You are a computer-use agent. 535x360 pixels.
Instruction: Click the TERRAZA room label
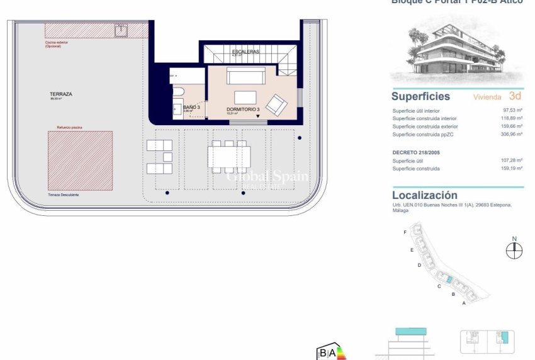click(x=61, y=94)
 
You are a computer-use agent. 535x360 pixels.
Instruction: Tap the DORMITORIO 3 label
click(x=243, y=110)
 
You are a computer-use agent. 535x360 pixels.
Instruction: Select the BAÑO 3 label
click(x=191, y=107)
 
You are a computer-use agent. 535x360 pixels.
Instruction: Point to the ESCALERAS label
click(x=245, y=51)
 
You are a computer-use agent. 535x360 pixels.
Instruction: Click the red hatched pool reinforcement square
click(x=81, y=160)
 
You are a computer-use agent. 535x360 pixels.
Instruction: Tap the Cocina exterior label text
click(x=56, y=43)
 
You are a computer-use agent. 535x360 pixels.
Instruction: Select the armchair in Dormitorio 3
click(x=276, y=104)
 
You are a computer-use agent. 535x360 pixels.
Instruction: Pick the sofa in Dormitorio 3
click(x=246, y=77)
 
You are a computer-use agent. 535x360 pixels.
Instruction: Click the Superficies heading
click(x=420, y=96)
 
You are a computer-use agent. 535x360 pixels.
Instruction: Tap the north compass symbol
click(x=514, y=250)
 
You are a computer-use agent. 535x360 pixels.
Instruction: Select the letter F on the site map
click(x=405, y=232)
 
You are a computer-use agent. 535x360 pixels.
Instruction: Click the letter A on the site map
click(x=464, y=303)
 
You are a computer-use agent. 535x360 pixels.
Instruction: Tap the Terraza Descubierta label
click(x=68, y=195)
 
